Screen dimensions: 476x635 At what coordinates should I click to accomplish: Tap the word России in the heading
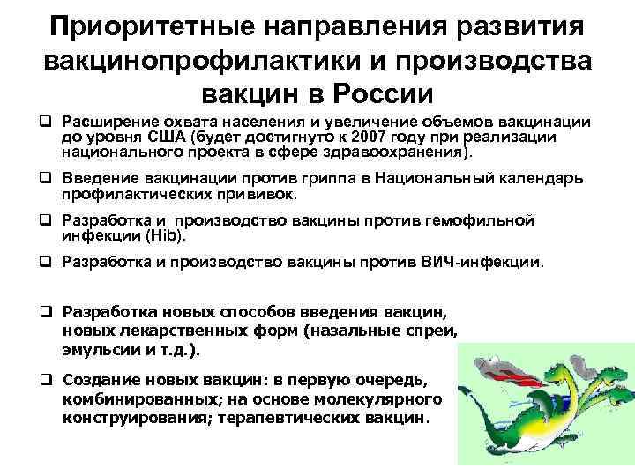click(x=380, y=92)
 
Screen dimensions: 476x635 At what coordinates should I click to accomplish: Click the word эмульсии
click(x=98, y=348)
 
